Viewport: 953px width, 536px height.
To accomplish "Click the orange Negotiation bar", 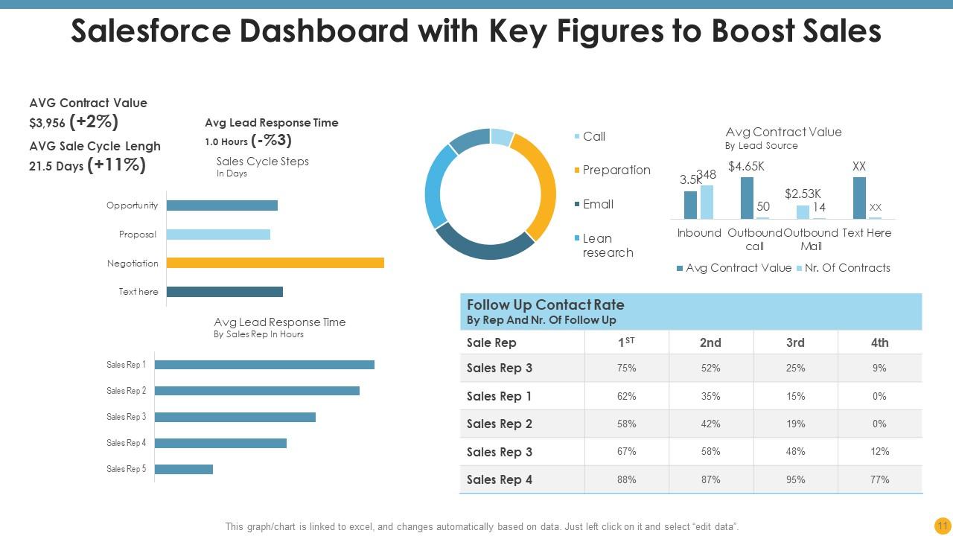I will pyautogui.click(x=275, y=263).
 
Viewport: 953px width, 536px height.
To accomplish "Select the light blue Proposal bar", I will pyautogui.click(x=218, y=234).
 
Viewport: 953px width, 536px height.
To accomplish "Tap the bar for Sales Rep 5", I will pyautogui.click(x=183, y=469).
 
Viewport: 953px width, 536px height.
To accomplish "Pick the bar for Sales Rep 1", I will pyautogui.click(x=264, y=365).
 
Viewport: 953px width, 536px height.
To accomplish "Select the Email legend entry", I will pyautogui.click(x=598, y=204).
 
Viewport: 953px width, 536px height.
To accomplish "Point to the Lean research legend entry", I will pyautogui.click(x=607, y=246).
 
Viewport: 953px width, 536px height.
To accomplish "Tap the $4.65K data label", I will pyautogui.click(x=746, y=167).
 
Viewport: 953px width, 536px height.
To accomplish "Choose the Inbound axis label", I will pyautogui.click(x=698, y=233).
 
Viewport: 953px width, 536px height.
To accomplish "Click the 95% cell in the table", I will pyautogui.click(x=795, y=480).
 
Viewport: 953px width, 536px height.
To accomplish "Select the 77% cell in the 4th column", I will pyautogui.click(x=879, y=480).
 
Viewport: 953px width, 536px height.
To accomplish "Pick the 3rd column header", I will pyautogui.click(x=795, y=342).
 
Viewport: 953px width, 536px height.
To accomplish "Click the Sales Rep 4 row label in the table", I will pyautogui.click(x=500, y=480).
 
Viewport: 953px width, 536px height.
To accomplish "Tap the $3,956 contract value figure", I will pyautogui.click(x=48, y=124).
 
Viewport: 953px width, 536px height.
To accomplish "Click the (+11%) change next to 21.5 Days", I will pyautogui.click(x=116, y=165).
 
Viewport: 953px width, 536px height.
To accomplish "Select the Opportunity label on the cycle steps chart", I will pyautogui.click(x=132, y=205).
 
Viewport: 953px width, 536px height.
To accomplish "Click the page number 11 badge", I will pyautogui.click(x=942, y=526).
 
